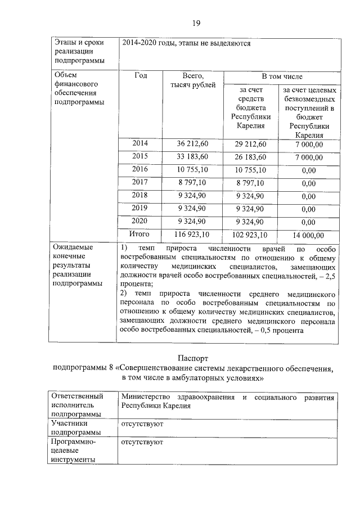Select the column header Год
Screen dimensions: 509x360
coord(140,75)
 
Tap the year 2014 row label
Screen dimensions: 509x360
coord(140,144)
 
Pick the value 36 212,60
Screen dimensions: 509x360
coord(193,145)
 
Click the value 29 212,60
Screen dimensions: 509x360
coord(250,145)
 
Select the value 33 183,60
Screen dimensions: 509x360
coord(193,157)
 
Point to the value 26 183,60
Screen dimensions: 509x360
coord(250,157)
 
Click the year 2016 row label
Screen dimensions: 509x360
coord(140,169)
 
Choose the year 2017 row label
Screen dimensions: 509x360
coord(140,182)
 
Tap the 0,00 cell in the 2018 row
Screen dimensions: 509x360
coord(308,196)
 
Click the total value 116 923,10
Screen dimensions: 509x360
coord(193,235)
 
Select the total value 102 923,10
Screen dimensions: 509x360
coord(250,235)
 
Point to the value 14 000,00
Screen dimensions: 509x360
coord(308,235)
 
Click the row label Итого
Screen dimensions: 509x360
coord(140,234)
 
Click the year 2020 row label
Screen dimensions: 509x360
coord(140,221)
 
